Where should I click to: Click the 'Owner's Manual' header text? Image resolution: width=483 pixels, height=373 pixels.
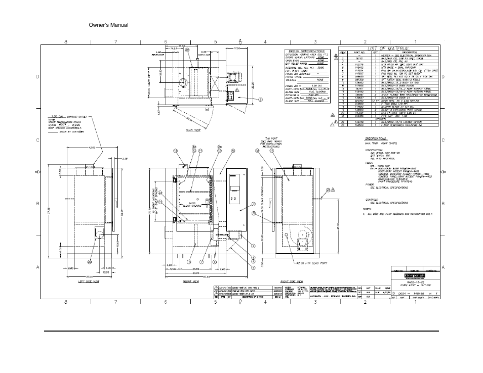tap(108, 25)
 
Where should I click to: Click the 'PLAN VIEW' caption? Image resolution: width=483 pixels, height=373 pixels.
tap(194, 129)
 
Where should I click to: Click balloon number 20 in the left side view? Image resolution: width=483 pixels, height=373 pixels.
tap(90, 262)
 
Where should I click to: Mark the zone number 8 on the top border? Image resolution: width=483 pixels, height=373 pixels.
tap(65, 41)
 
